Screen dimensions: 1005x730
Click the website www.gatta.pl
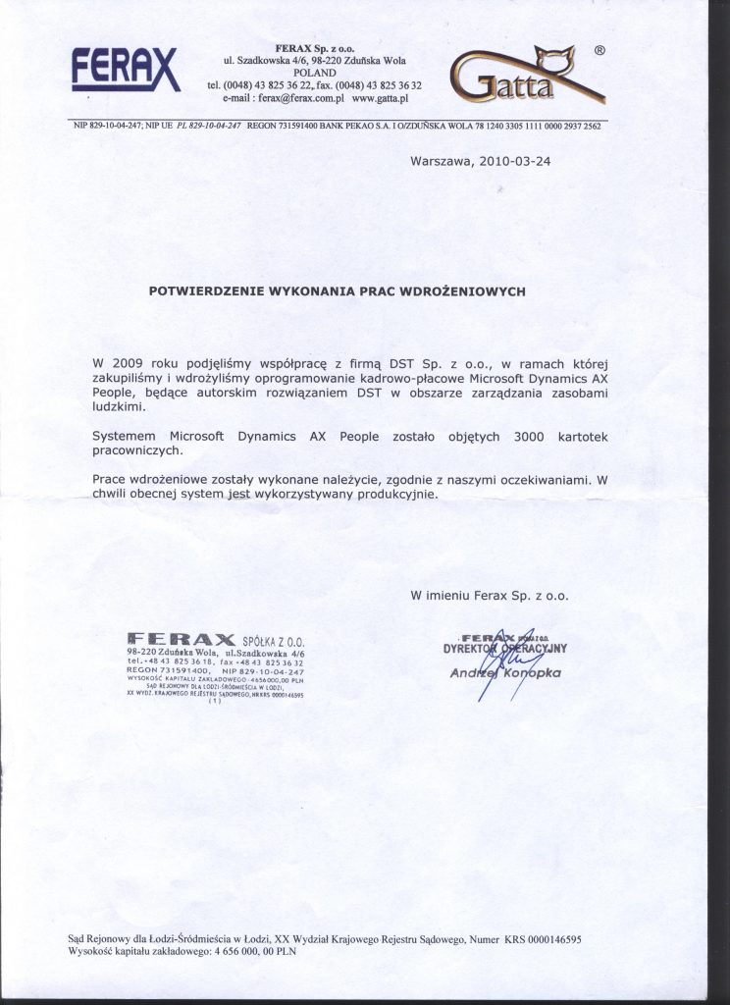(379, 99)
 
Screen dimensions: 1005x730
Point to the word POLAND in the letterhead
(314, 73)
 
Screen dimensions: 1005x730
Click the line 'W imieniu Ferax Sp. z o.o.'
(489, 594)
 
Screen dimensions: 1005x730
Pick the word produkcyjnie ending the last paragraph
(392, 494)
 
